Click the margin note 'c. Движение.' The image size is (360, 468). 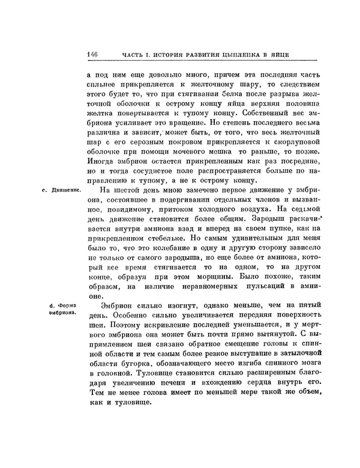pos(62,191)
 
